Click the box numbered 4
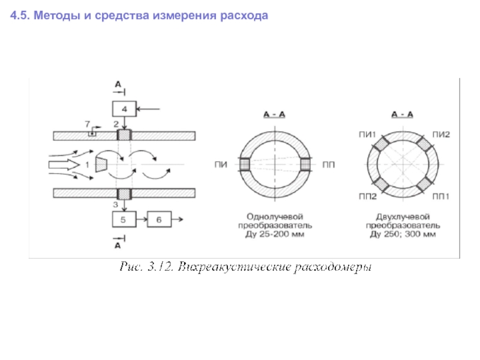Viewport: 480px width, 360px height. coord(124,109)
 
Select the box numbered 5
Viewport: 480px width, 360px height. coord(124,220)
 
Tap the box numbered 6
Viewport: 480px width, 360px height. coord(159,220)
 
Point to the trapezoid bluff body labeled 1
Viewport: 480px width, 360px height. coord(101,163)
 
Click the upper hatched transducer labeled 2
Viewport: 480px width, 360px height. coord(124,136)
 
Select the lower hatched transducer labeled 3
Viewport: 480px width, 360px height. coord(124,193)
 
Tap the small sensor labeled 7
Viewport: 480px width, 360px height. coord(91,133)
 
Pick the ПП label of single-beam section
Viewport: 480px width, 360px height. coord(329,163)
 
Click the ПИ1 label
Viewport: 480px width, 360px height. coord(367,136)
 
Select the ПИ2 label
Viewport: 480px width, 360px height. coord(442,136)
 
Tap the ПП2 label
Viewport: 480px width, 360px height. coord(367,196)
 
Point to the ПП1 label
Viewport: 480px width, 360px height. coord(442,196)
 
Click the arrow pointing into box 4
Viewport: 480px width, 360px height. coord(149,109)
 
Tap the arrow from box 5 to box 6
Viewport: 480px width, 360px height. coord(142,220)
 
